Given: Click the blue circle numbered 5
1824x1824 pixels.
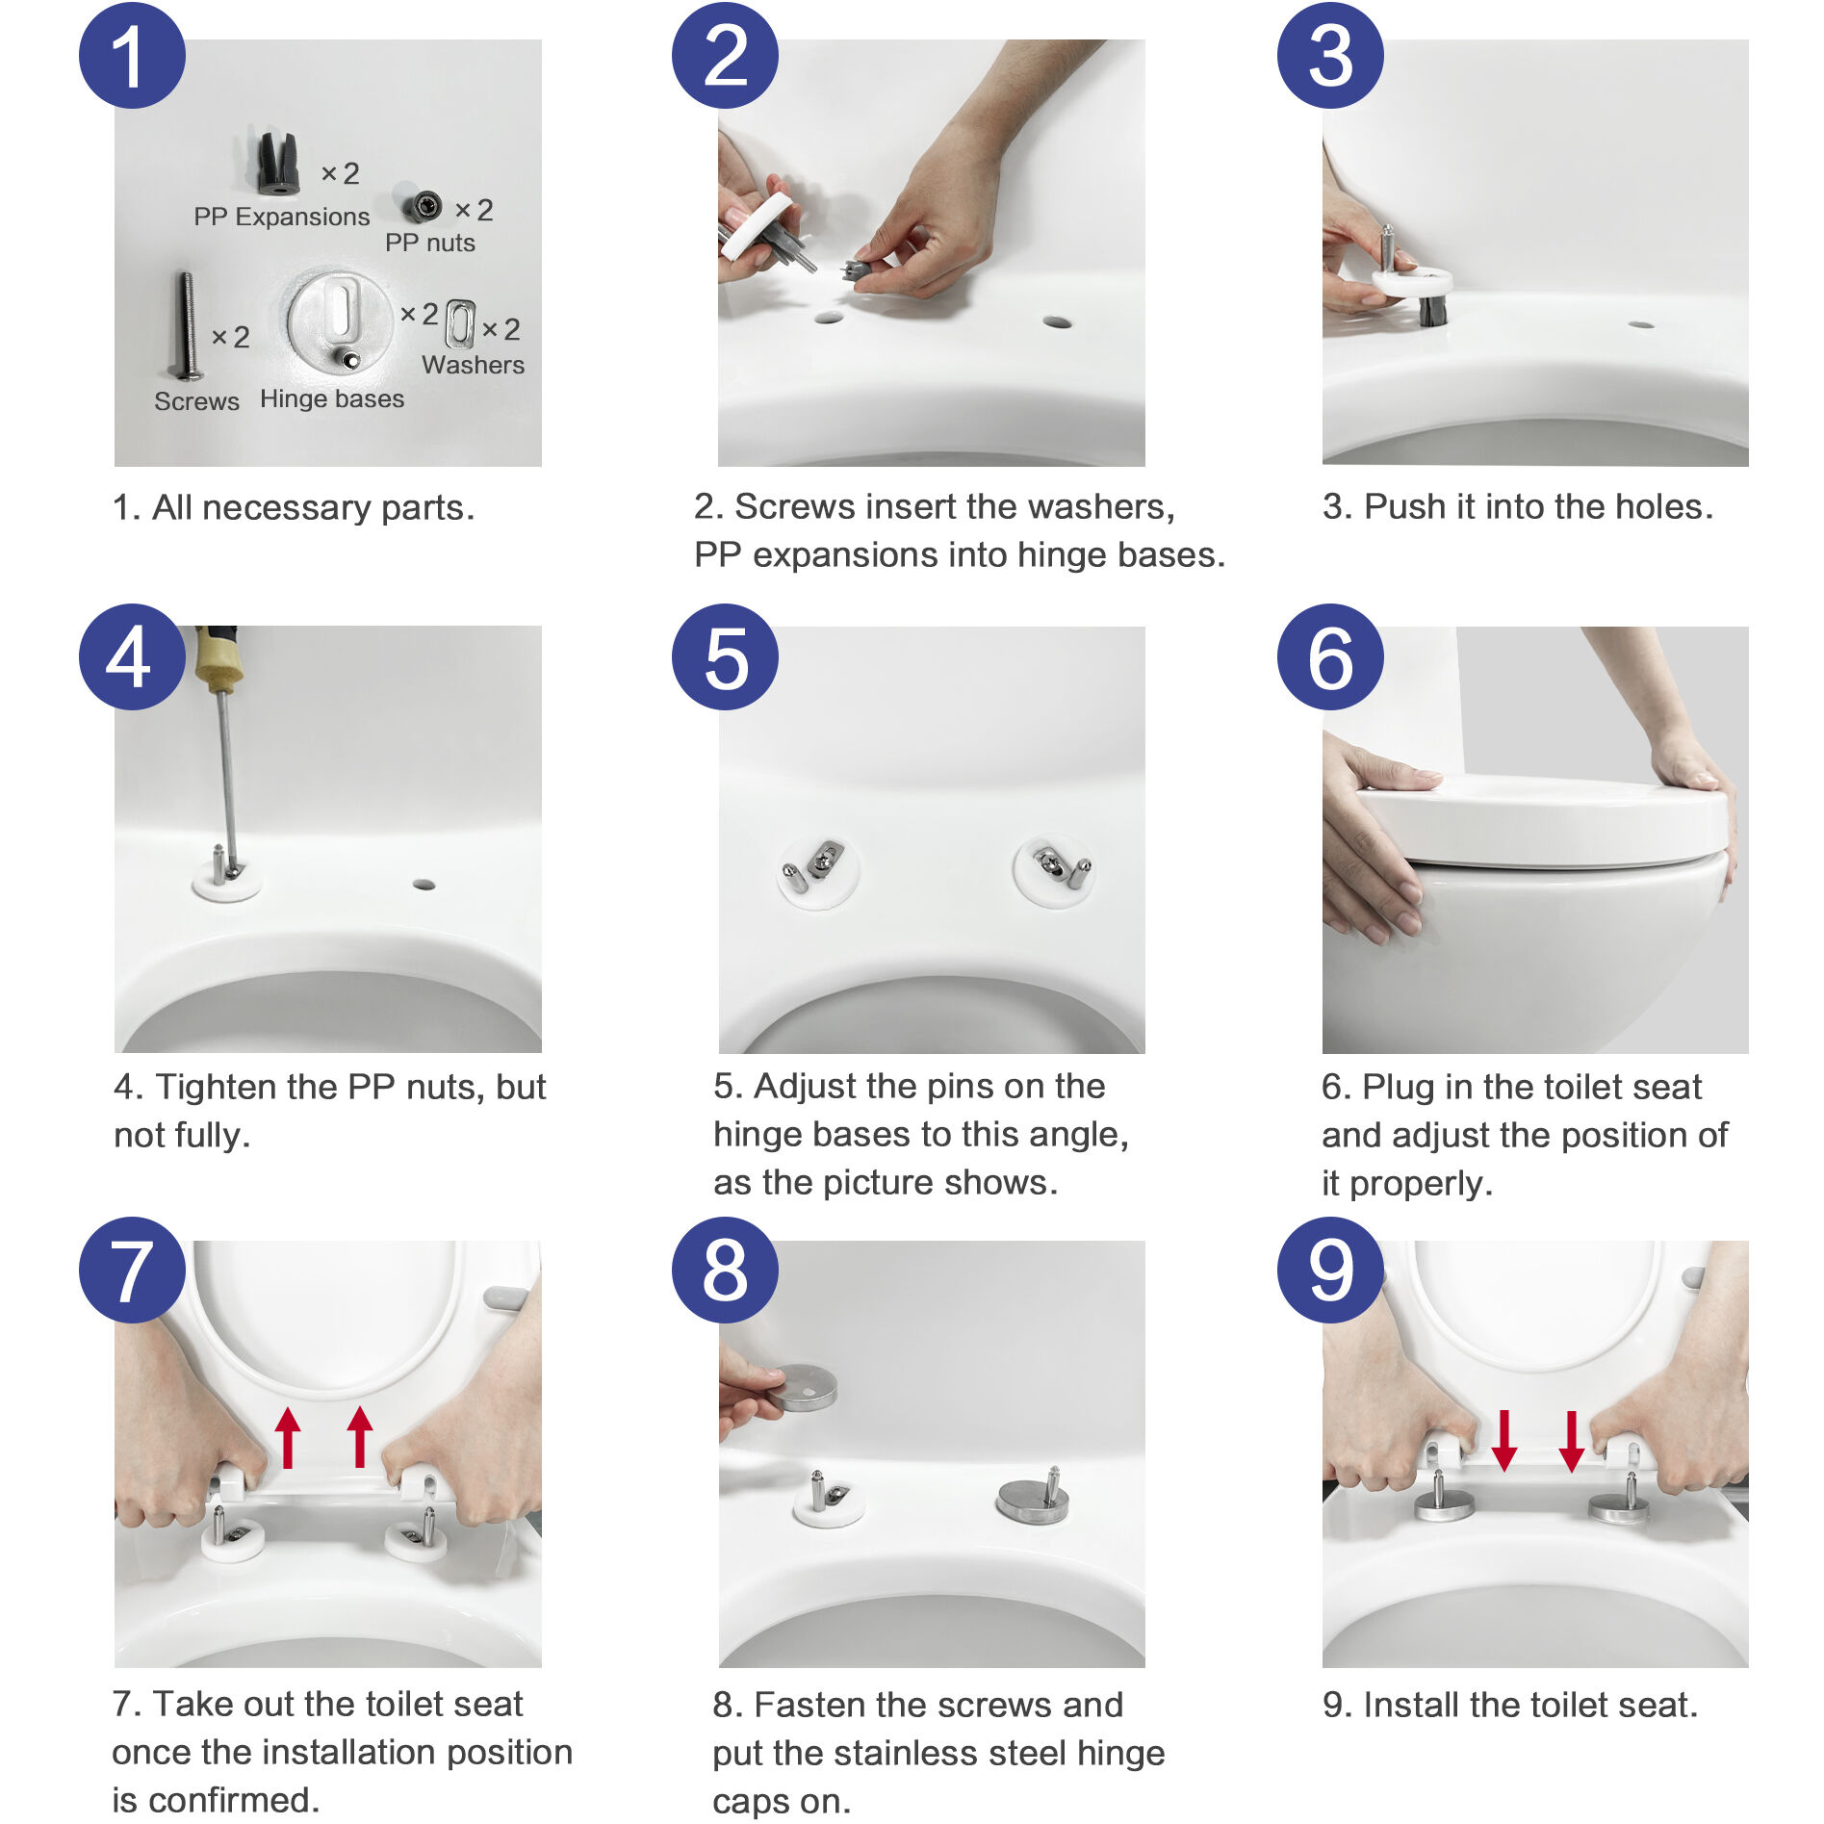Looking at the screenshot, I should tap(725, 657).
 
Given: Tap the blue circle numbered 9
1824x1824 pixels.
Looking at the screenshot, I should tap(1330, 1270).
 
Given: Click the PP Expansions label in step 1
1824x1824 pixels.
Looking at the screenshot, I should tap(281, 217).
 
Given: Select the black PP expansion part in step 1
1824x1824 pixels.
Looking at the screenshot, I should tap(277, 164).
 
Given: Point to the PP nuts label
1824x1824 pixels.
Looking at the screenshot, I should tap(429, 243).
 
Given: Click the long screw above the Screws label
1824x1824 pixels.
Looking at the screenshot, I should tap(187, 326).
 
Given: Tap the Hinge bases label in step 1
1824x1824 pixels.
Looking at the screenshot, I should tap(332, 398).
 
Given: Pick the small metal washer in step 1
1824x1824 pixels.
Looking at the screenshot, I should tap(461, 323).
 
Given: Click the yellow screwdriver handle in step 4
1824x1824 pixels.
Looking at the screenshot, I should tap(218, 658).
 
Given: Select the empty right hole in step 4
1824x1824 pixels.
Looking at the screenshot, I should tap(424, 884).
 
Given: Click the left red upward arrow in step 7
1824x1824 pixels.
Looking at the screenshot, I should tap(288, 1436).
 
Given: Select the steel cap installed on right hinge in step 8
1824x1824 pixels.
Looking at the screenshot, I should tap(1032, 1501).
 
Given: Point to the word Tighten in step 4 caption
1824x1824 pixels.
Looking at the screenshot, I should tap(218, 1087).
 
